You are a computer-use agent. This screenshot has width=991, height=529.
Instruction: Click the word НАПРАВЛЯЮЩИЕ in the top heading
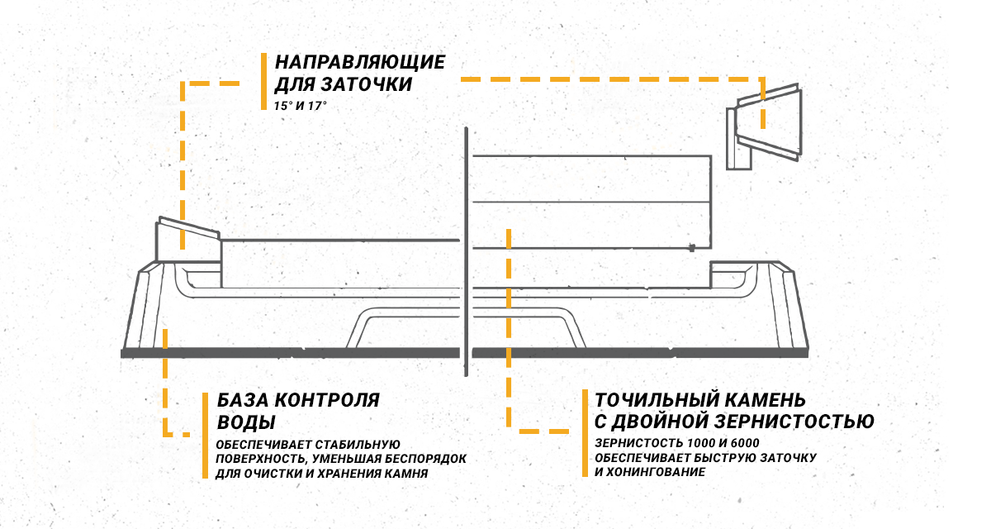pos(360,63)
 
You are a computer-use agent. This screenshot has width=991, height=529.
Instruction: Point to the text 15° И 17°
pos(301,107)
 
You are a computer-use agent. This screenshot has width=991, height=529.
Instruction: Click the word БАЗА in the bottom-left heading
pos(242,400)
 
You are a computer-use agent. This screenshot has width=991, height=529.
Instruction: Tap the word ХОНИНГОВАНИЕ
pos(650,472)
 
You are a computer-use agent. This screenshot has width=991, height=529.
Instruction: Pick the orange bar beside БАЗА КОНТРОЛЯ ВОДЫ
pos(205,434)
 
